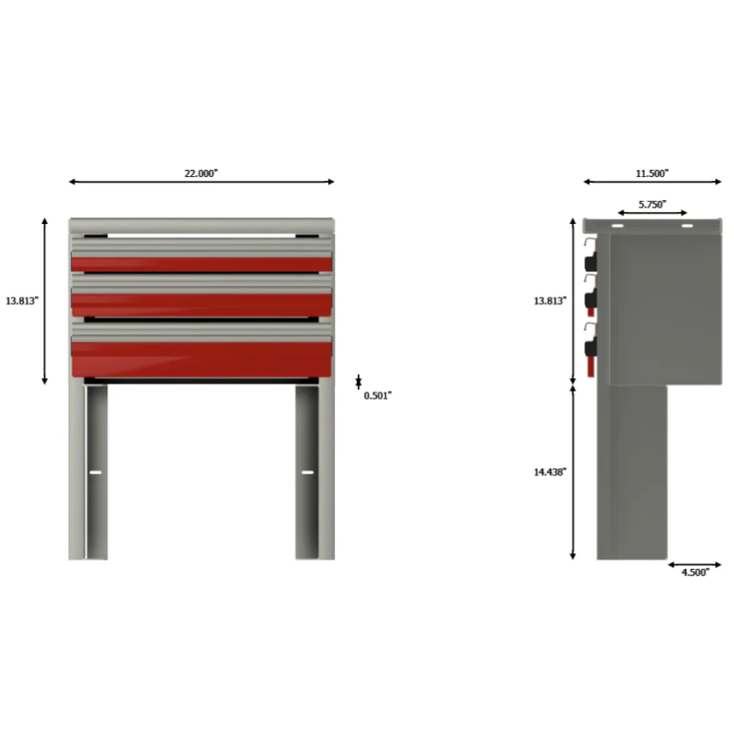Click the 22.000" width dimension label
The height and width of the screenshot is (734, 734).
point(201,173)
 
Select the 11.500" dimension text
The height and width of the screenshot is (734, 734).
point(651,173)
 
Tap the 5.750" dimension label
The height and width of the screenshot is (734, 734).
point(652,204)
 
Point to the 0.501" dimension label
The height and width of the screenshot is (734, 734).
point(377,395)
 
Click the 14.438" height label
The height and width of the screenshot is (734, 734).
point(550,472)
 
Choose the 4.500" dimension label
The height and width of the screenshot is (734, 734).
point(695,573)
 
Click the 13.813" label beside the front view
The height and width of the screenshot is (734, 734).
point(22,301)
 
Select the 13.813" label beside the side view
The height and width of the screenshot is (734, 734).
point(550,301)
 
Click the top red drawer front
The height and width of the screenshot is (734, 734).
point(201,264)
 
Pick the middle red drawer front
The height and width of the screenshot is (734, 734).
point(201,305)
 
